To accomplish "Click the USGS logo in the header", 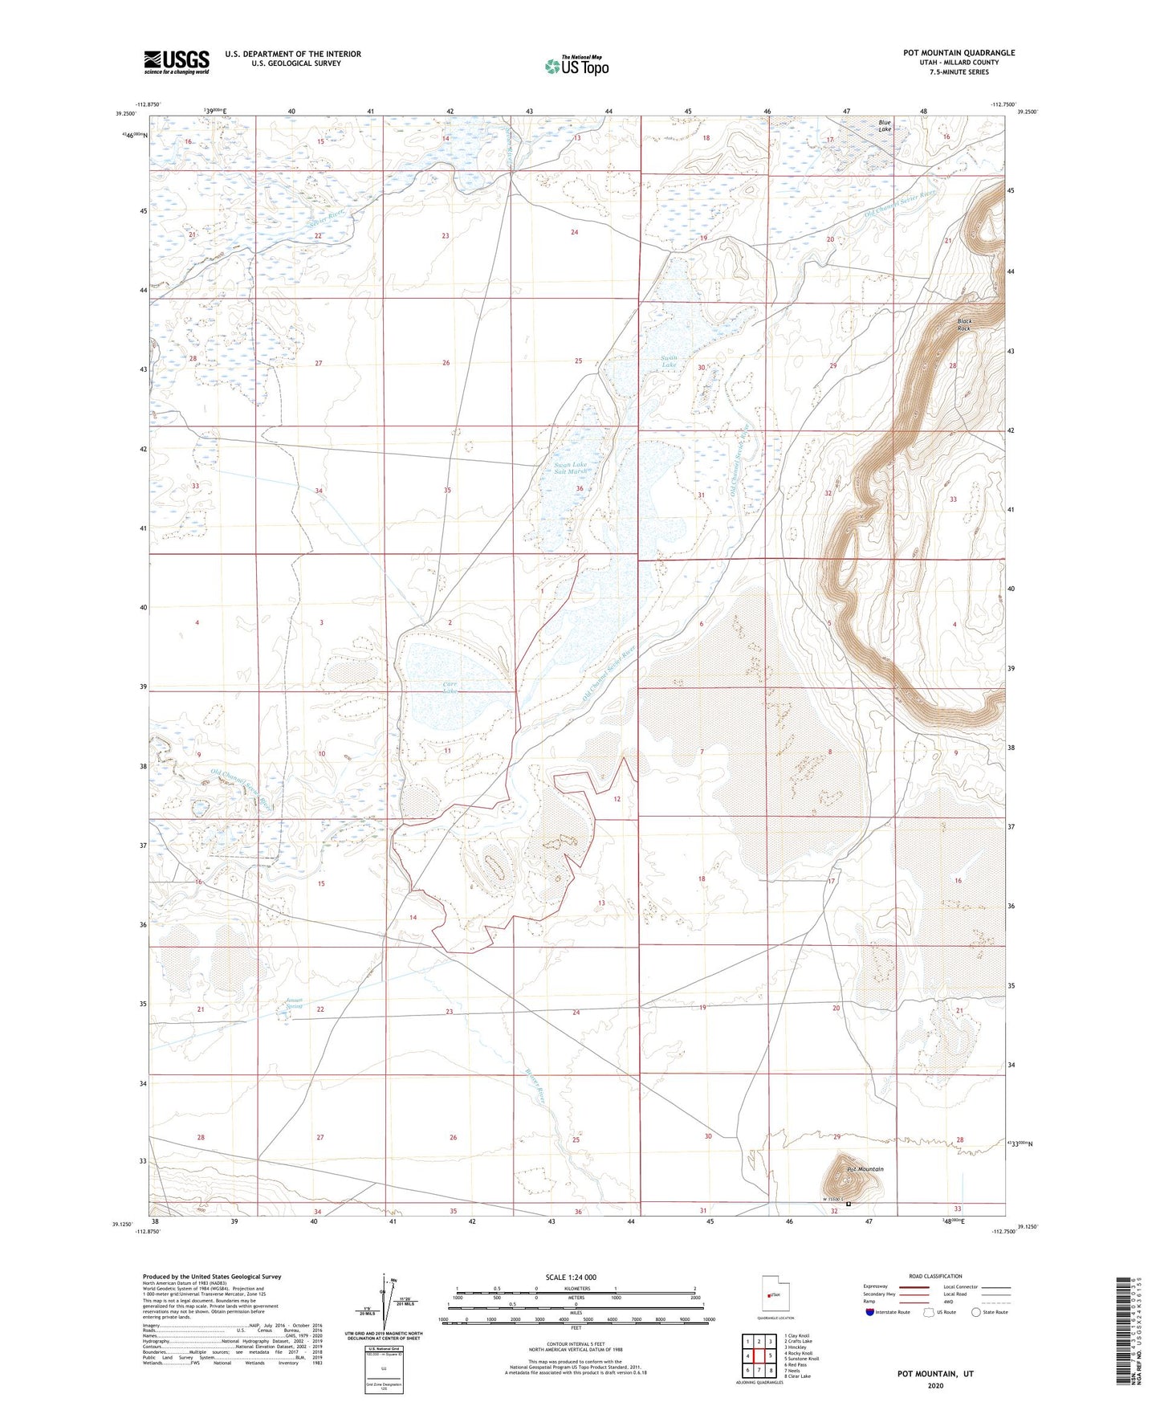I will [x=177, y=62].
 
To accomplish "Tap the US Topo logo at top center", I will [x=576, y=65].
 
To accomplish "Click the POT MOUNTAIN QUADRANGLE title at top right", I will [x=959, y=53].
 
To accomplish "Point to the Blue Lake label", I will [x=885, y=125].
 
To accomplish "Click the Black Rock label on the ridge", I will [x=963, y=325].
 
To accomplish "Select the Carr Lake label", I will [x=450, y=687].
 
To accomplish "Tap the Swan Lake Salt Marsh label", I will [x=571, y=468].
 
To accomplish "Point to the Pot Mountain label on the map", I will [x=865, y=1169].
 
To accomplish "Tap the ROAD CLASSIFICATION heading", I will [x=935, y=1276].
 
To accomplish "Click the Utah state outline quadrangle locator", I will [x=775, y=1296].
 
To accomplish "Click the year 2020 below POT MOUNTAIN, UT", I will [x=935, y=1385].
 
